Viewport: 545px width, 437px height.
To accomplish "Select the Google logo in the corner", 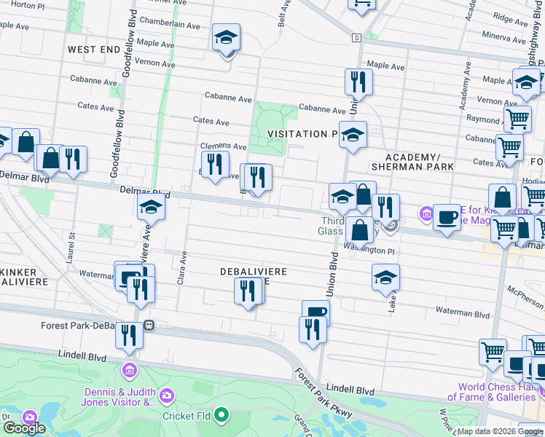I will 24,428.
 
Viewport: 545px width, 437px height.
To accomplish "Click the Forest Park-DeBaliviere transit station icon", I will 149,326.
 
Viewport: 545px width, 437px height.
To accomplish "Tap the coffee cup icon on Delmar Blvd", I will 447,217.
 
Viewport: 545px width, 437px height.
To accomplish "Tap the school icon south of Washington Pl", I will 386,277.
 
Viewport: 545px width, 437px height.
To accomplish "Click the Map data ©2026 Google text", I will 500,431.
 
